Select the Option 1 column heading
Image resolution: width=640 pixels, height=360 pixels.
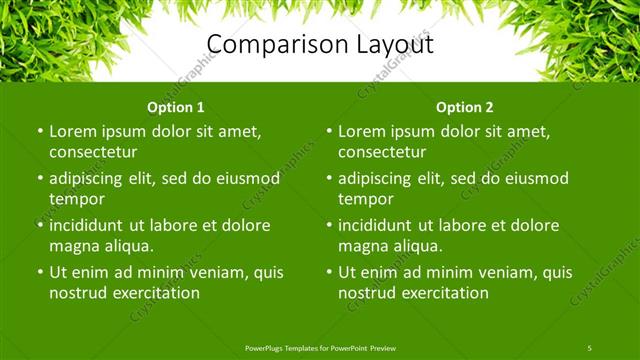pyautogui.click(x=176, y=107)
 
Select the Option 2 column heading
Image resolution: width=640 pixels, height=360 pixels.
pyautogui.click(x=465, y=107)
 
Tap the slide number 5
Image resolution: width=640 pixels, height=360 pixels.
pyautogui.click(x=590, y=347)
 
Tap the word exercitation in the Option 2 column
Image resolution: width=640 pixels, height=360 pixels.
pyautogui.click(x=443, y=293)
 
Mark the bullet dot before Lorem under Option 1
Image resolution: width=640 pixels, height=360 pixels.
pyautogui.click(x=40, y=131)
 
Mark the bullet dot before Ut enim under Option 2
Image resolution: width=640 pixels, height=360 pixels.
pyautogui.click(x=329, y=272)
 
